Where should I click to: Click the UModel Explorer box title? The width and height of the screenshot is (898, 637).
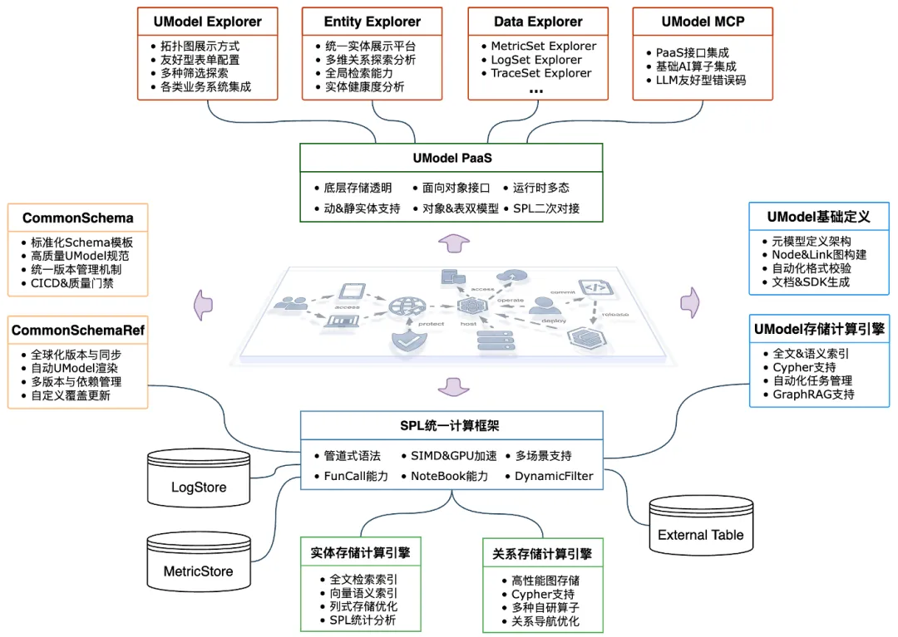tap(207, 22)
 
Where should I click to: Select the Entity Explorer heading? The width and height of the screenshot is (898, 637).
tap(372, 22)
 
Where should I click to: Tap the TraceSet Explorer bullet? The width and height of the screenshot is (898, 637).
tap(540, 73)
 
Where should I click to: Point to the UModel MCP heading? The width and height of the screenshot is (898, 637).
tap(702, 22)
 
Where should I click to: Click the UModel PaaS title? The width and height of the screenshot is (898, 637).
tap(451, 158)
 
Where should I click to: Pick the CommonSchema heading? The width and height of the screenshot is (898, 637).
tap(77, 218)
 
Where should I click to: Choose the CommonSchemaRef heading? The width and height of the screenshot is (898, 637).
tap(77, 331)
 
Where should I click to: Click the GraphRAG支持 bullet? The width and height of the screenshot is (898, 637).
tap(813, 394)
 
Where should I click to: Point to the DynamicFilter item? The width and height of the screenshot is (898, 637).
tap(554, 476)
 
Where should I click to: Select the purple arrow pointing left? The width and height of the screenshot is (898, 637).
tap(201, 306)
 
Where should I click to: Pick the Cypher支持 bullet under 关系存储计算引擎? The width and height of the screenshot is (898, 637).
tap(544, 595)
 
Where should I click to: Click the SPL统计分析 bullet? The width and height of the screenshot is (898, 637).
tap(363, 620)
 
